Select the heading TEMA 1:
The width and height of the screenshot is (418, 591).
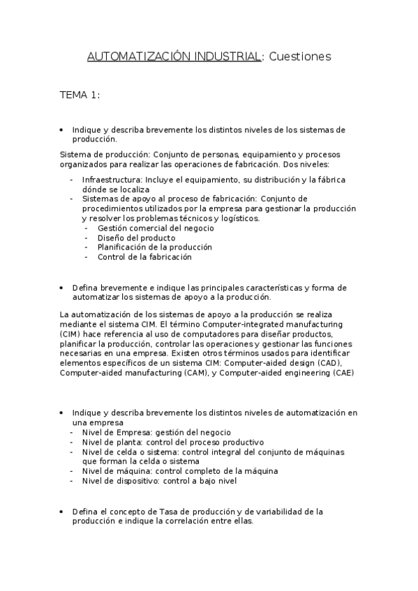80,95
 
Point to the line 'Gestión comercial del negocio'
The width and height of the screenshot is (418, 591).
156,228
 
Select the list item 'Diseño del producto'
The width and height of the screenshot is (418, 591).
137,238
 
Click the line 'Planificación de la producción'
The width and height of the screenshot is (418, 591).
155,247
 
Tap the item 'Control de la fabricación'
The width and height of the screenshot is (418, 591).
144,256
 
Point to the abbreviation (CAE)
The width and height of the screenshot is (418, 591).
343,373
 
